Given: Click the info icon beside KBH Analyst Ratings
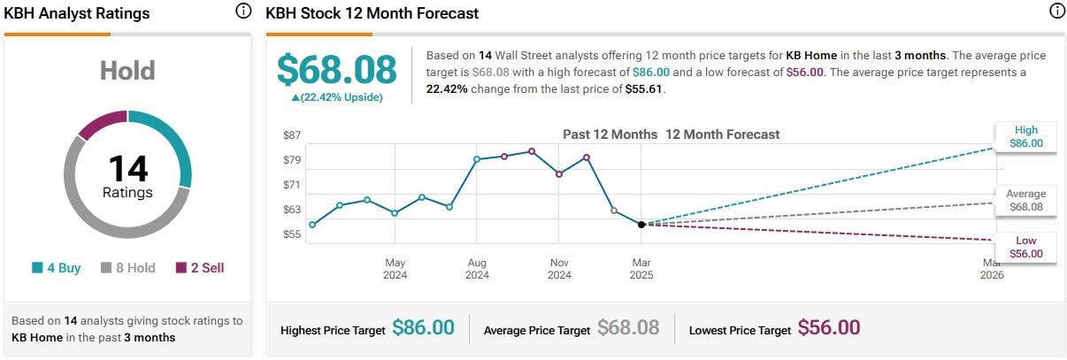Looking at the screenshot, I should [243, 11].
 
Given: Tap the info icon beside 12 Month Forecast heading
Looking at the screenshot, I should [1056, 11].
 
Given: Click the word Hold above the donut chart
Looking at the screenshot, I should [127, 71].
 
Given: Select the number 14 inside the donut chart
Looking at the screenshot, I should [128, 169].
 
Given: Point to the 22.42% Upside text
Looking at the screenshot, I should [338, 97].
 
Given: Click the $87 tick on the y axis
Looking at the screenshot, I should [292, 135].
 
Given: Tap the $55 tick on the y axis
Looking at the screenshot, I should [292, 234].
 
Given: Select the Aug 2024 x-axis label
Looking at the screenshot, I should [477, 269].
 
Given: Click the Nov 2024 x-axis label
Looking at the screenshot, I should [559, 269].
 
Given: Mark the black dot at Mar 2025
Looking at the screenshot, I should [641, 225].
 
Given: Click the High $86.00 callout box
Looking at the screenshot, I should [1026, 136].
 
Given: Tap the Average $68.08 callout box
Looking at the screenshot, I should [1025, 201].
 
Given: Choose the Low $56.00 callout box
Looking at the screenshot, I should [1026, 248].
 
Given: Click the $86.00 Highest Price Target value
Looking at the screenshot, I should [423, 328].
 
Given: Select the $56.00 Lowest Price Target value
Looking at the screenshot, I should [829, 328].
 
